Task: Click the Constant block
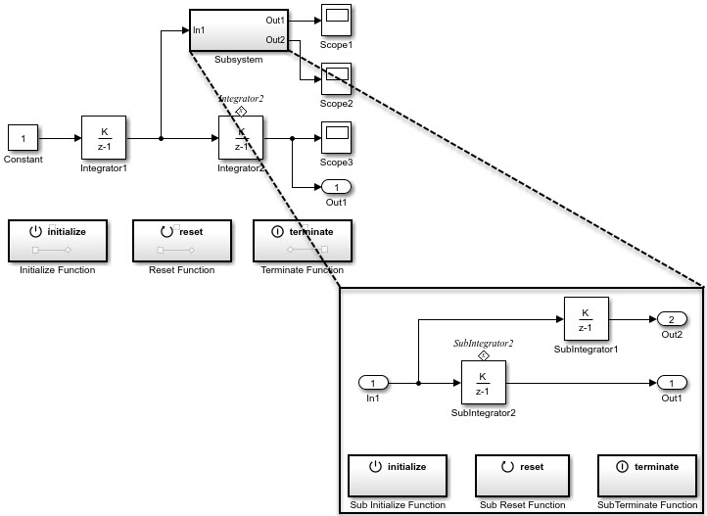(x=24, y=139)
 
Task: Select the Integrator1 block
(x=105, y=139)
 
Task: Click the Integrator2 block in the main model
(x=241, y=139)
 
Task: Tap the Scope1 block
(x=336, y=21)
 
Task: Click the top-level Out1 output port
(x=336, y=187)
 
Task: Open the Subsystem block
(x=238, y=31)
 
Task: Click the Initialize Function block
(x=58, y=241)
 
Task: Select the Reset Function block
(x=181, y=241)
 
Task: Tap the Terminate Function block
(x=303, y=241)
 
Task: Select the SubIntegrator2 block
(x=483, y=383)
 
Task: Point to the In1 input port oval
(x=374, y=383)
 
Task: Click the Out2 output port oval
(x=671, y=319)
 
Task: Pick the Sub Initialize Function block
(x=398, y=476)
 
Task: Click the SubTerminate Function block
(x=647, y=476)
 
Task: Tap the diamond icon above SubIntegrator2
(x=483, y=355)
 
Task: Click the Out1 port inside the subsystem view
(x=671, y=383)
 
